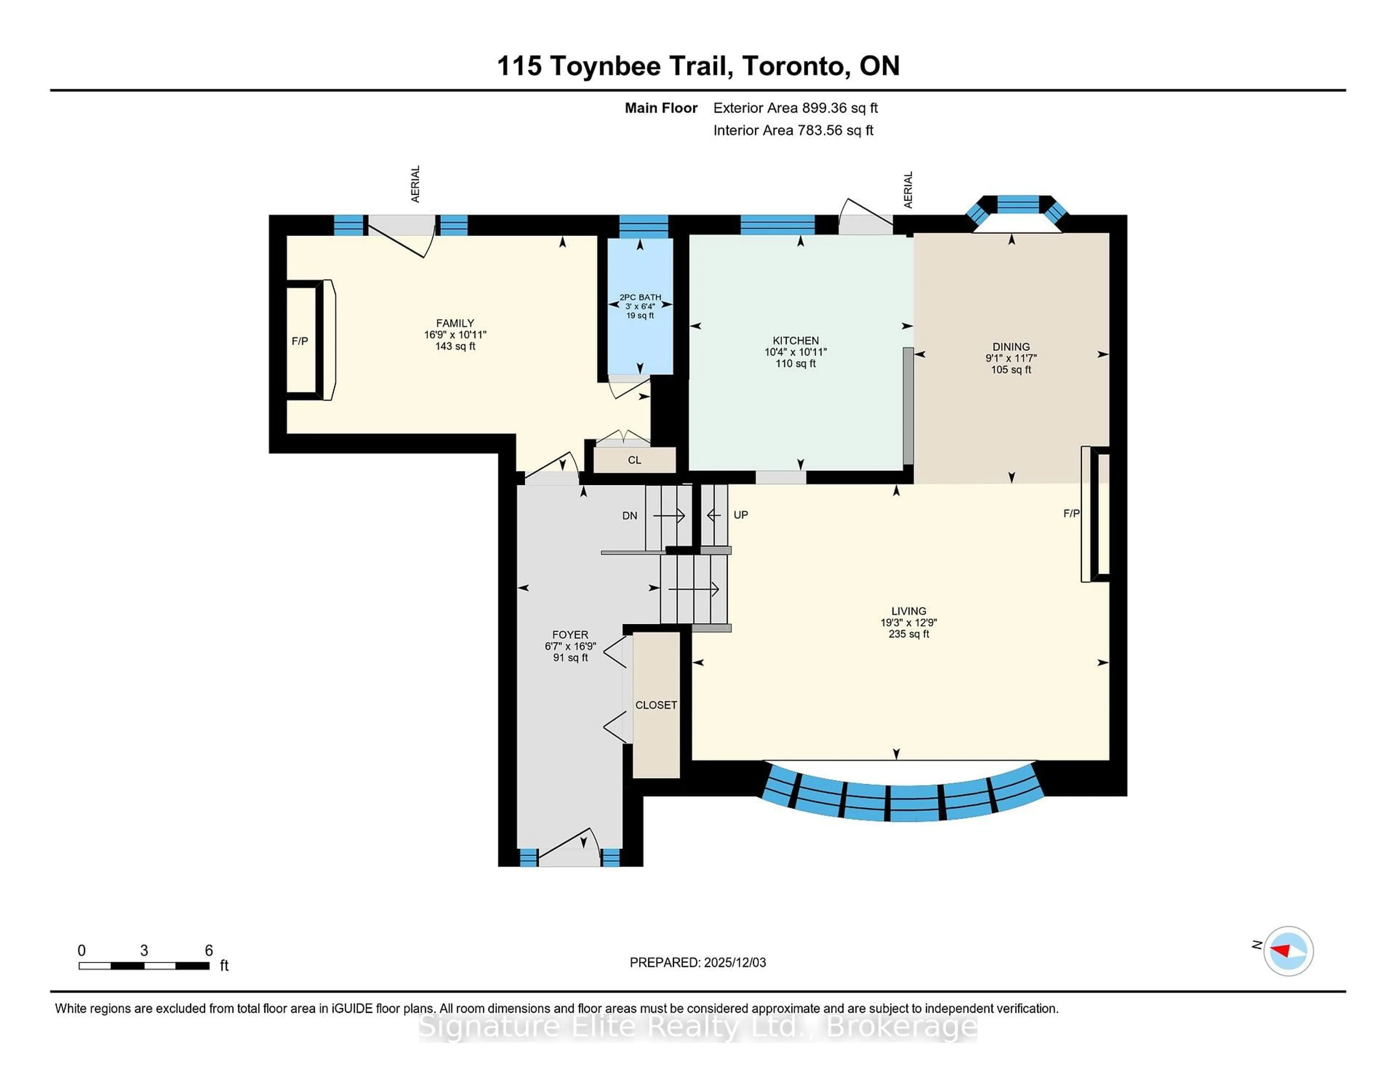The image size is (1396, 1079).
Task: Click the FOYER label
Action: (570, 635)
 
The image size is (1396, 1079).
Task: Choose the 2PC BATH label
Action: (640, 297)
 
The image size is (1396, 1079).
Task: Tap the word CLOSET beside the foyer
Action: (656, 705)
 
